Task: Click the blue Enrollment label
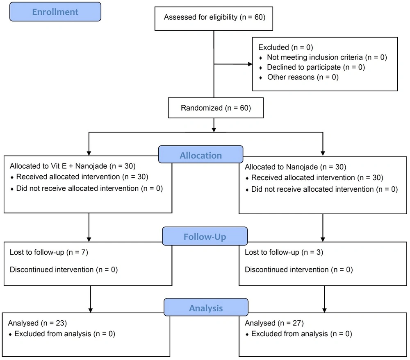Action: (55, 12)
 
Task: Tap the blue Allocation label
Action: (200, 154)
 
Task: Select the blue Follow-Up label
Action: (205, 236)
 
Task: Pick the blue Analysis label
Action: (206, 307)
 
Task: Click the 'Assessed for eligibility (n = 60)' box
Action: (214, 18)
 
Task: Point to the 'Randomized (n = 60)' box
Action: (216, 108)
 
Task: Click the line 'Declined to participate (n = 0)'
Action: (316, 68)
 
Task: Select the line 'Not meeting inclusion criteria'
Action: (315, 57)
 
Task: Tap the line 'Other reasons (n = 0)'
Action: (303, 77)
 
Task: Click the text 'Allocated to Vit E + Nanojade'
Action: (58, 166)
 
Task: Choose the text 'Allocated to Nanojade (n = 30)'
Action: (296, 167)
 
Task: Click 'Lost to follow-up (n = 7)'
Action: (49, 252)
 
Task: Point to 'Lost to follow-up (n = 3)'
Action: (284, 252)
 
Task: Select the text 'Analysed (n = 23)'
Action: (37, 323)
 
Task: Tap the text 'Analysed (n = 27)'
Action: (274, 323)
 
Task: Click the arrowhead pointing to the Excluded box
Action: (250, 64)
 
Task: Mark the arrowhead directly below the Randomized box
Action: (214, 130)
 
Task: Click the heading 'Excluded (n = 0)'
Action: (285, 47)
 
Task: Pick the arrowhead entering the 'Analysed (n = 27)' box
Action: (324, 310)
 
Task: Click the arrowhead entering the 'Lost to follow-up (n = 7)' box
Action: (89, 239)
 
